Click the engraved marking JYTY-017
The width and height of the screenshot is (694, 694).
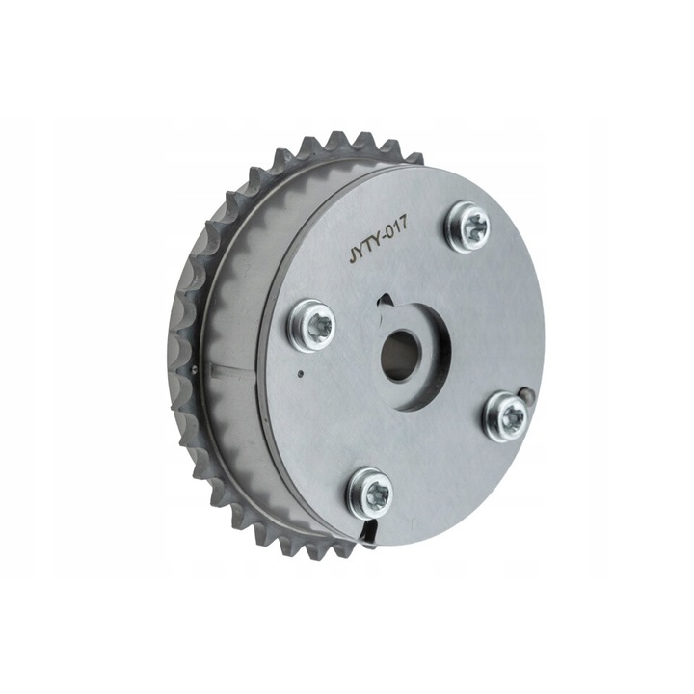pyautogui.click(x=378, y=243)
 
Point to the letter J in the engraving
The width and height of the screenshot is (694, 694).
pyautogui.click(x=353, y=257)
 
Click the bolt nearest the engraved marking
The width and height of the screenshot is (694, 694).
pyautogui.click(x=469, y=227)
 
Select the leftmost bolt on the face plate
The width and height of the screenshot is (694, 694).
pyautogui.click(x=311, y=325)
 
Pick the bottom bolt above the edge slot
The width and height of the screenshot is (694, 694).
pyautogui.click(x=369, y=494)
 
